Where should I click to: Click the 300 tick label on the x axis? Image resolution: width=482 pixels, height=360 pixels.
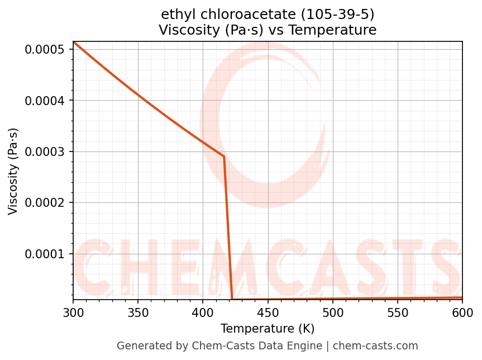click(x=73, y=312)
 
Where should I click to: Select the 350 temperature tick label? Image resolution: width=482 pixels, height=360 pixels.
click(x=138, y=312)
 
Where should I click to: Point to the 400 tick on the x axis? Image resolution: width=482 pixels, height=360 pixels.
click(x=203, y=312)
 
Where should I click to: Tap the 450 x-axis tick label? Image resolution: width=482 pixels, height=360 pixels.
click(x=268, y=312)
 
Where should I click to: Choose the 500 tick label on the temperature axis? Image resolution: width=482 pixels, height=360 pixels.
click(x=332, y=312)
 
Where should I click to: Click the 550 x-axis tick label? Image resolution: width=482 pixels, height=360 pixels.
click(x=397, y=312)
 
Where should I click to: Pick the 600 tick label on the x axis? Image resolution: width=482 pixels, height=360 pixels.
click(x=462, y=312)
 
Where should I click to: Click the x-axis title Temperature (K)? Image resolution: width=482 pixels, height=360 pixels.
click(x=268, y=328)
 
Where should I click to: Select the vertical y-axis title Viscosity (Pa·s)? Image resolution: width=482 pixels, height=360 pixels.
click(x=13, y=171)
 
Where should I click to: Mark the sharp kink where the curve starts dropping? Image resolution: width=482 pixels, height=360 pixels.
click(x=224, y=157)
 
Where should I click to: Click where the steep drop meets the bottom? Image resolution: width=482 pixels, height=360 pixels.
click(x=232, y=299)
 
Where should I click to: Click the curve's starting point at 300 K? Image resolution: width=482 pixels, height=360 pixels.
click(x=74, y=42)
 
